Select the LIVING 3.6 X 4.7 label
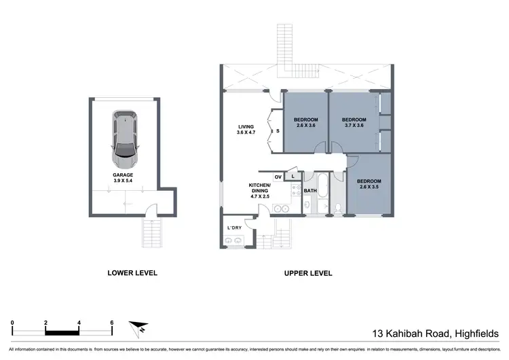pyautogui.click(x=246, y=130)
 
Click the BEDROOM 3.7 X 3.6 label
pyautogui.click(x=354, y=122)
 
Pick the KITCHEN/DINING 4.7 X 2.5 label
pyautogui.click(x=260, y=189)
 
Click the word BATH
pyautogui.click(x=310, y=192)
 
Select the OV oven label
pyautogui.click(x=278, y=177)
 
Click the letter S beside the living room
pyautogui.click(x=277, y=131)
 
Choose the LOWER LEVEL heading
pyautogui.click(x=132, y=273)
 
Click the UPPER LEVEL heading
pyautogui.click(x=307, y=273)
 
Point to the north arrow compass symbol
pyautogui.click(x=140, y=327)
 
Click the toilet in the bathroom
pyautogui.click(x=337, y=207)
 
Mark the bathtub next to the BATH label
pyautogui.click(x=322, y=197)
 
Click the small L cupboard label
pyautogui.click(x=293, y=177)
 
